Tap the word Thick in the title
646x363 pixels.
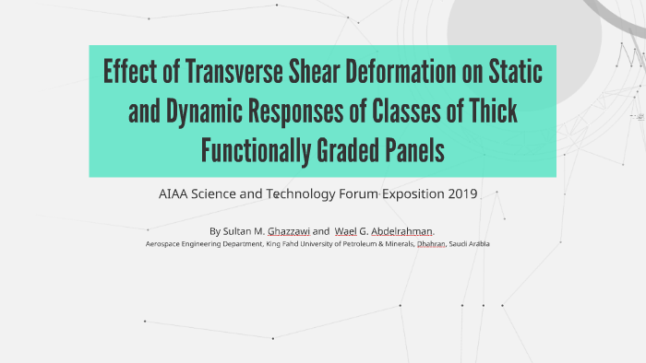pyautogui.click(x=488, y=111)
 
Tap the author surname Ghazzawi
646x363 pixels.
pyautogui.click(x=287, y=230)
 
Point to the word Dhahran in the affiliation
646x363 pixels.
pyautogui.click(x=430, y=244)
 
